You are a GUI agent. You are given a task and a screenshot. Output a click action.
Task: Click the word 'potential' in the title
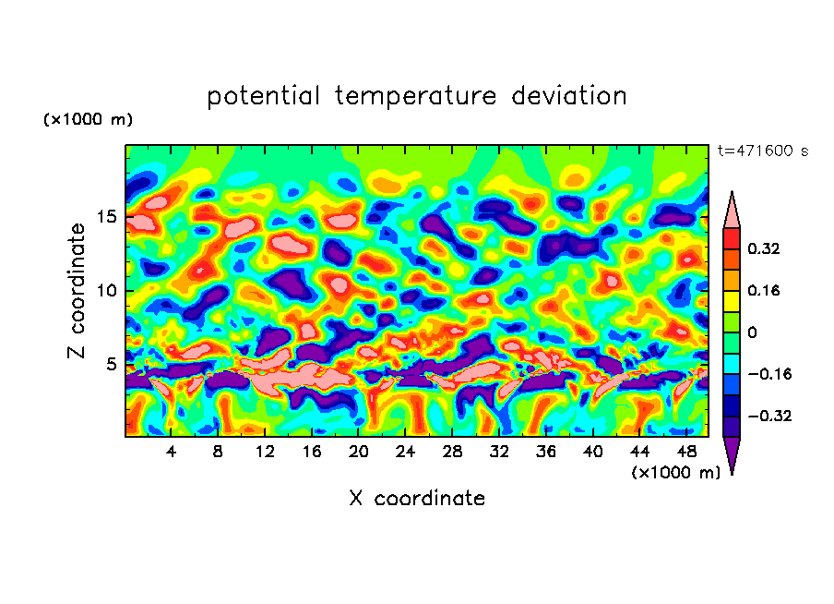pyautogui.click(x=264, y=96)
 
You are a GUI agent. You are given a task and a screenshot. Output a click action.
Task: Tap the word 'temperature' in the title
pyautogui.click(x=414, y=96)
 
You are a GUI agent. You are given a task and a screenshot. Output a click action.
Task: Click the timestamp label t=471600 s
pyautogui.click(x=762, y=151)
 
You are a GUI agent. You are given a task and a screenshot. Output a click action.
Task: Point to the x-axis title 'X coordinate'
pyautogui.click(x=417, y=499)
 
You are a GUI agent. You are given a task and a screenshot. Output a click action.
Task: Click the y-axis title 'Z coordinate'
pyautogui.click(x=77, y=291)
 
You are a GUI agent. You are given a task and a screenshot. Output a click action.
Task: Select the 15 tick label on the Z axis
pyautogui.click(x=107, y=217)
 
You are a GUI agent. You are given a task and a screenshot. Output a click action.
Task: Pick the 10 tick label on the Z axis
pyautogui.click(x=107, y=291)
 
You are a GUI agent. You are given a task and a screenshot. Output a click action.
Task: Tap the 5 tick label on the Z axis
pyautogui.click(x=112, y=365)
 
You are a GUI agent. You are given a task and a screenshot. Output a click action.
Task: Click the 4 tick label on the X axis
pyautogui.click(x=172, y=452)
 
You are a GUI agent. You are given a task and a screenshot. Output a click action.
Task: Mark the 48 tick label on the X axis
pyautogui.click(x=685, y=452)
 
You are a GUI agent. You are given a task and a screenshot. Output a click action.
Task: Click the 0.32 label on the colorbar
pyautogui.click(x=766, y=248)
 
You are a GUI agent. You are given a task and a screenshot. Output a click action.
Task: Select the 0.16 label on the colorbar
pyautogui.click(x=766, y=290)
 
